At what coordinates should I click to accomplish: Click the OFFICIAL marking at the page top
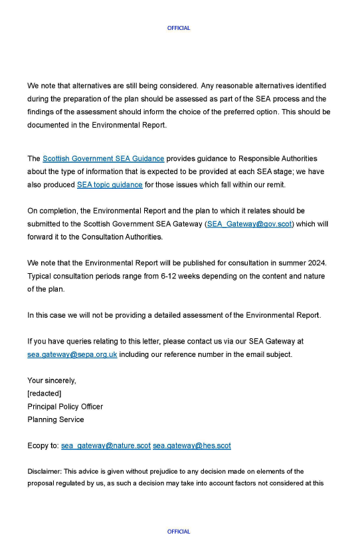tap(179, 28)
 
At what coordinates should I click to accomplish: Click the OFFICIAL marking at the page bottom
tap(179, 531)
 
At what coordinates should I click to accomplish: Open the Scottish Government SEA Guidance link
tap(103, 159)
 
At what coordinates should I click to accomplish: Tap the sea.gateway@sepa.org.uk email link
tap(72, 354)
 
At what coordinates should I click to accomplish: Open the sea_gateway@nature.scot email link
tap(106, 445)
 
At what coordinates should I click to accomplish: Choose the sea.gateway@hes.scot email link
tap(192, 445)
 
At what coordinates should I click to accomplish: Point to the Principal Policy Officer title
tap(65, 406)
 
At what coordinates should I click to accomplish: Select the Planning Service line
tap(56, 419)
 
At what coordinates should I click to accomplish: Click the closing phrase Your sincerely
tap(52, 380)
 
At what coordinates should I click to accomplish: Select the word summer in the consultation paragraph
tap(281, 263)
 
